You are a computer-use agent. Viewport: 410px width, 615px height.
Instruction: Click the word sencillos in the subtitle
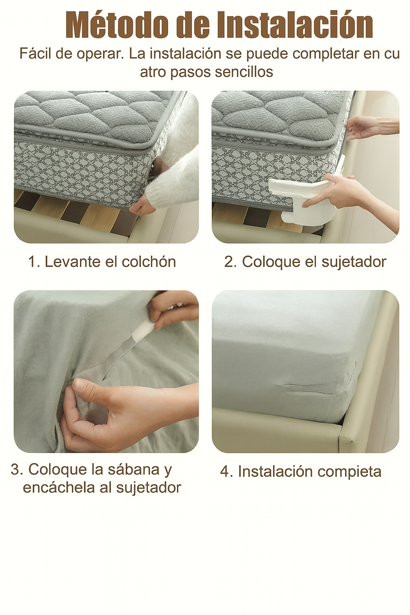(x=244, y=72)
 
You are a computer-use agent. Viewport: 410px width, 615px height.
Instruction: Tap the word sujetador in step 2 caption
(x=354, y=262)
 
